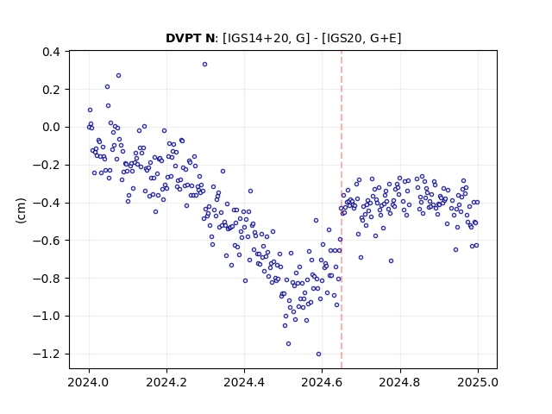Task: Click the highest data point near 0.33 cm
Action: point(204,65)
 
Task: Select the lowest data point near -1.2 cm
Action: point(318,354)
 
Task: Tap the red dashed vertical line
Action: point(342,210)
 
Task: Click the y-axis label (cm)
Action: point(21,210)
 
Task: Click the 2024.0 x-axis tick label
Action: point(89,382)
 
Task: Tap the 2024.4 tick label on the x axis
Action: point(244,382)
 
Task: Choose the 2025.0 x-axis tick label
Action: point(478,382)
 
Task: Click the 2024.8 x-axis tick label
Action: point(399,382)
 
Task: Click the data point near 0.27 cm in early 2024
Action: point(119,76)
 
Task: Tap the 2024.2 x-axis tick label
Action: point(166,382)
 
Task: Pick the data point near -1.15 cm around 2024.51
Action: point(288,343)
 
